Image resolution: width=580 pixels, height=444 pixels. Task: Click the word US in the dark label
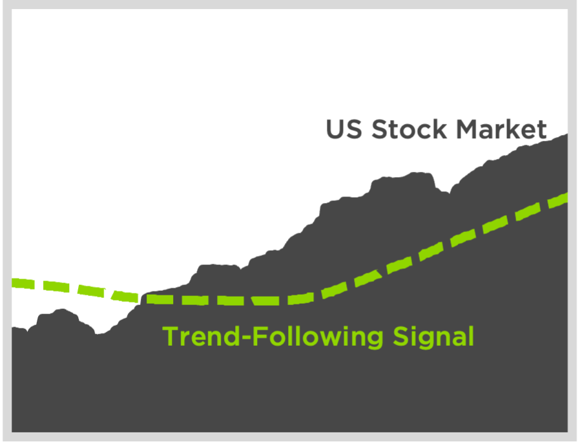344,129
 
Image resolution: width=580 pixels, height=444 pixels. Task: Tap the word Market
502,129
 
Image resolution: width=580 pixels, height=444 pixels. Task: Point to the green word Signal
433,337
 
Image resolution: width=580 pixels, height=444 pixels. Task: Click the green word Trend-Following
273,337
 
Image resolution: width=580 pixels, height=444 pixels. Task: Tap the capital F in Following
260,336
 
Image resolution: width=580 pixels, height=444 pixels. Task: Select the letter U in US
335,129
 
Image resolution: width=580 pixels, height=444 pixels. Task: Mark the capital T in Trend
171,336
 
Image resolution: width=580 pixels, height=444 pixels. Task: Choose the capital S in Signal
400,336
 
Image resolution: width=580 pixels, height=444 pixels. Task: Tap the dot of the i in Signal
414,328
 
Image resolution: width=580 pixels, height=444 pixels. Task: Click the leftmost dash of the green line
23,284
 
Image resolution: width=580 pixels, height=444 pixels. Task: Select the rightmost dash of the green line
558,200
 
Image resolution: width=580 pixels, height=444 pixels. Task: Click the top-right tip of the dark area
568,134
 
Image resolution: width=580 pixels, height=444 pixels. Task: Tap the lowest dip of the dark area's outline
98,333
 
